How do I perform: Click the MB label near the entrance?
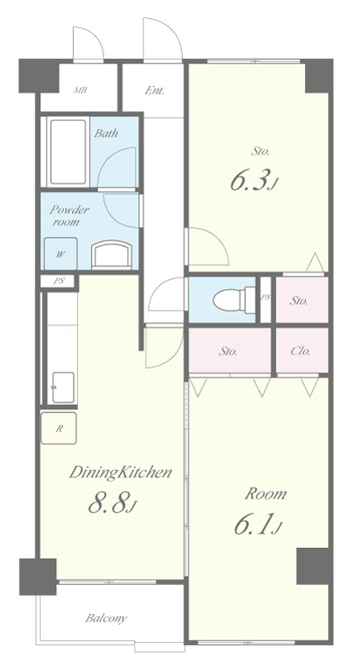[79, 90]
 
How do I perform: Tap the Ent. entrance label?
[155, 90]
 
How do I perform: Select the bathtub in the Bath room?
[68, 152]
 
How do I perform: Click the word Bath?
[106, 133]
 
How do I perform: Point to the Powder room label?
[69, 216]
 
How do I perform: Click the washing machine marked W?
[61, 254]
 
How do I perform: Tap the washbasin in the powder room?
[113, 254]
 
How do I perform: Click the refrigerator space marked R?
[59, 428]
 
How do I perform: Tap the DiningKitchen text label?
[120, 473]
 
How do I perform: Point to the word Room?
[266, 493]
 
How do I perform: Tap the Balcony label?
[106, 618]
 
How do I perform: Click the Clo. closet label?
[300, 350]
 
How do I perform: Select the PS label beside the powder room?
[59, 281]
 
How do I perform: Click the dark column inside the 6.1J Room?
[313, 566]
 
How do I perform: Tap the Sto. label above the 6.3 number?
[261, 151]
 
